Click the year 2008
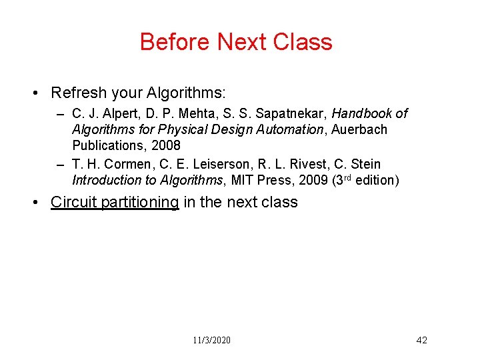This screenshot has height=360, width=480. point(165,145)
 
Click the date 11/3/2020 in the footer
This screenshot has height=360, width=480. point(212,340)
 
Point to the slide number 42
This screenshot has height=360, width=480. point(421,340)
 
